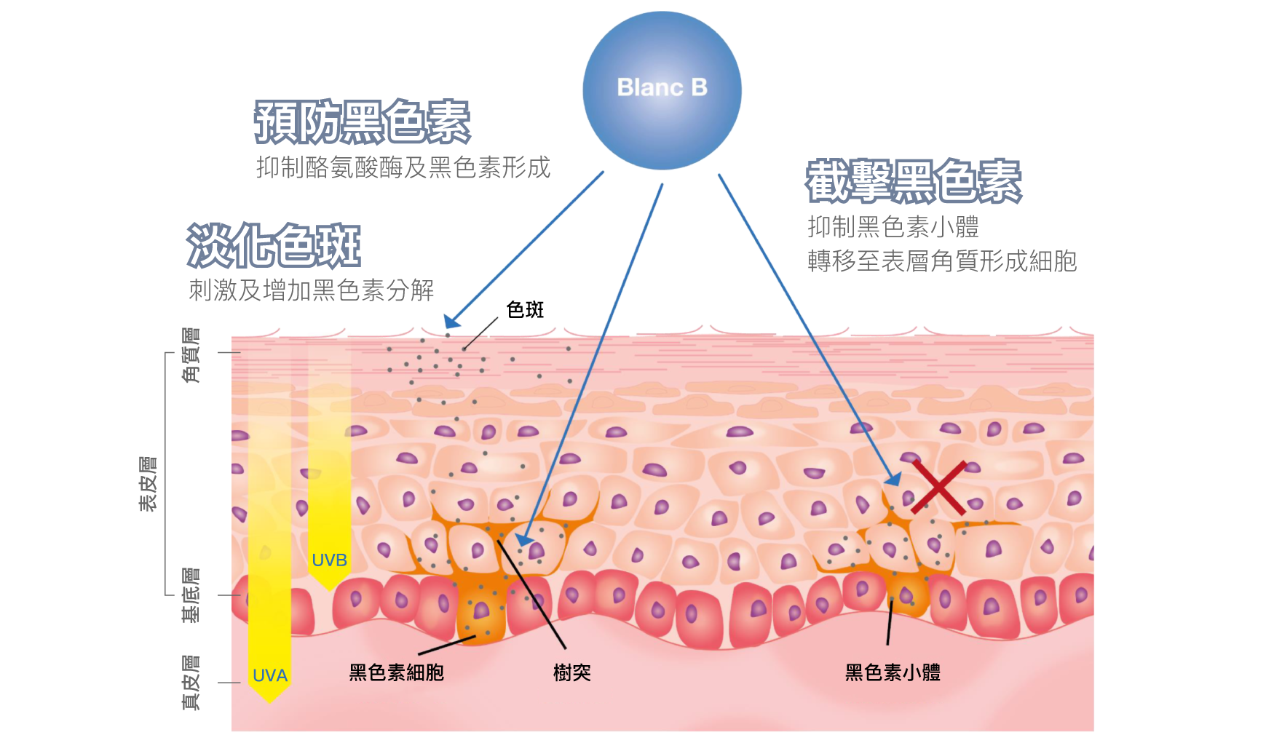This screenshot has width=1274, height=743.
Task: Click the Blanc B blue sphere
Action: point(662,90)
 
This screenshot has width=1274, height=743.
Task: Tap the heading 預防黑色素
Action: point(363,122)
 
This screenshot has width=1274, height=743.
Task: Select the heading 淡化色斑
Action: point(274,245)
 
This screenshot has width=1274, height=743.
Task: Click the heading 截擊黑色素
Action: point(914,180)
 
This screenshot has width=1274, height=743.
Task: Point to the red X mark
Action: point(939,487)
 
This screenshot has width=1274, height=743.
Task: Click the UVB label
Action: point(329,560)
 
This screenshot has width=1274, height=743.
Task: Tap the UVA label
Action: point(270,676)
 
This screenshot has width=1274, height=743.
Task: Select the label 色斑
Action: point(526,310)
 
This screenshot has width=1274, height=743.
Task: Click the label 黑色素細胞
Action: point(397,672)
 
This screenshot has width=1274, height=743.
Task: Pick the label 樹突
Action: point(572,672)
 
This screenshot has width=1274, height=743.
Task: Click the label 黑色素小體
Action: point(893,672)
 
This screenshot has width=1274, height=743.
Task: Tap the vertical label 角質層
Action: point(191,355)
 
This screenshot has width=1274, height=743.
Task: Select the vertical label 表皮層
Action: point(149,485)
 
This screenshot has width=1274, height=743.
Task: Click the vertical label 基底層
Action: point(191,595)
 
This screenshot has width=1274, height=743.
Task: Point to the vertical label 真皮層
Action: point(191,683)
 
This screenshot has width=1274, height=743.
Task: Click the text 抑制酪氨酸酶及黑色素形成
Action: point(403,167)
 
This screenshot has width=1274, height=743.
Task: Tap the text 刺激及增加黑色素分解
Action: point(312,290)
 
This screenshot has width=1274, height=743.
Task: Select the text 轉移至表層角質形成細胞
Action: point(942,261)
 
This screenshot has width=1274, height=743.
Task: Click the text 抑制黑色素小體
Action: point(893,227)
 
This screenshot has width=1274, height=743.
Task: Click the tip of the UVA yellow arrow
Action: point(269,703)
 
